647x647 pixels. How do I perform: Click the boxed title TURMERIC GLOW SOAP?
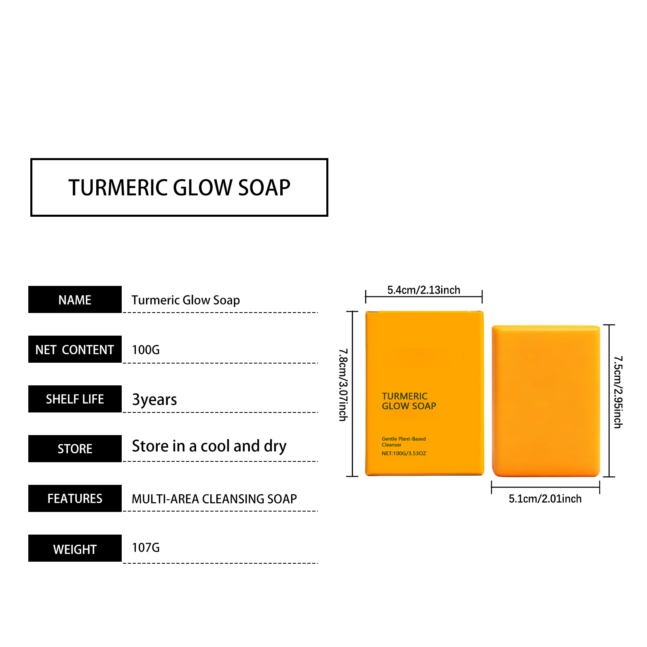click(x=179, y=187)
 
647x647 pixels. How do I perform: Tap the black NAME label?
click(x=75, y=300)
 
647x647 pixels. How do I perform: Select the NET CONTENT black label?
click(x=75, y=349)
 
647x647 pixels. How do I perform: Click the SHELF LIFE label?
click(x=75, y=399)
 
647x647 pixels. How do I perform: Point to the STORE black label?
click(x=75, y=449)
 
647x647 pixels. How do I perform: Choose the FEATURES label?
click(x=75, y=499)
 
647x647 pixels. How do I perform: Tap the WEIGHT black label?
click(x=75, y=548)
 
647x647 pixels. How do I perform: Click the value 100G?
click(x=146, y=350)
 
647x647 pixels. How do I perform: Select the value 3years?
click(x=154, y=400)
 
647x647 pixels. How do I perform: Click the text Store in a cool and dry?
click(x=209, y=446)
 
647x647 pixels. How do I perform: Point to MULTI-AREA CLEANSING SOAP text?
click(x=214, y=499)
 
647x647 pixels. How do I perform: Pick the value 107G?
click(x=146, y=548)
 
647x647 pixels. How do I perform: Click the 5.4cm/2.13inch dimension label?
click(x=424, y=290)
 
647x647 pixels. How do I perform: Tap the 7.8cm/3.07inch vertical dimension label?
click(x=343, y=385)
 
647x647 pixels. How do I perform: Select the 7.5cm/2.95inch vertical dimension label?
click(x=618, y=392)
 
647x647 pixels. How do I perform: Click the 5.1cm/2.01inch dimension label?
click(x=545, y=499)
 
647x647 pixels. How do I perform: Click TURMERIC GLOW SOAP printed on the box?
click(x=409, y=401)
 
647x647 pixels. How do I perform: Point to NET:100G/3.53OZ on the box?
click(x=404, y=453)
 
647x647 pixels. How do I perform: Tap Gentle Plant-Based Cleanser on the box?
click(x=404, y=442)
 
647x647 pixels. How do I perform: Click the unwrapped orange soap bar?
click(x=546, y=401)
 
